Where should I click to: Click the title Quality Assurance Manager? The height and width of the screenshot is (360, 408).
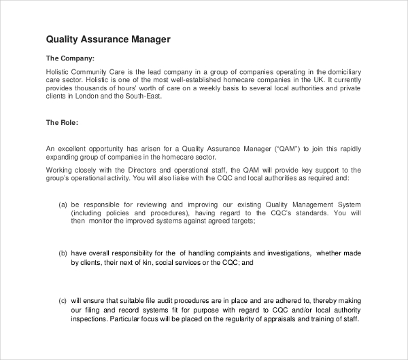107,39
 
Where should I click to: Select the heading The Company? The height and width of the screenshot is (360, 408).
70,58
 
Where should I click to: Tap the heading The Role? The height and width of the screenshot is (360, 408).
63,123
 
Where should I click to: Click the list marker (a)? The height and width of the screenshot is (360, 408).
63,204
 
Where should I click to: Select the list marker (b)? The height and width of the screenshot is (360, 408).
63,253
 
